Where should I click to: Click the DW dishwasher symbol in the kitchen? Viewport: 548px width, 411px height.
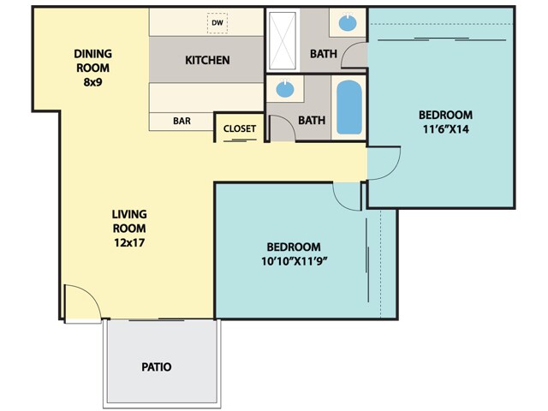click(217, 23)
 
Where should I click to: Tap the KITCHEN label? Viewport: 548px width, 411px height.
click(207, 60)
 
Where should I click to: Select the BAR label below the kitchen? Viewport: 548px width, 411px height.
click(182, 122)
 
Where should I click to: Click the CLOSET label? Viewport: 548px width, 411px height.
click(239, 128)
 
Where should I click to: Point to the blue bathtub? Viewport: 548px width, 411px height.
click(348, 107)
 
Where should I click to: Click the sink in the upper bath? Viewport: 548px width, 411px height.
click(348, 22)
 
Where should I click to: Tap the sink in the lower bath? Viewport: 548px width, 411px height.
click(285, 88)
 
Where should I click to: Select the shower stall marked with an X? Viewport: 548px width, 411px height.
click(282, 39)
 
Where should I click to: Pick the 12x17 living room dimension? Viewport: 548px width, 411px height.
click(128, 244)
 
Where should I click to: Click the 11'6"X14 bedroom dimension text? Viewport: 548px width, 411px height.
click(445, 130)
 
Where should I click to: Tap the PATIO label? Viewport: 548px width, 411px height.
click(156, 366)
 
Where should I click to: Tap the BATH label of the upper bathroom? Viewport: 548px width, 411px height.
click(323, 54)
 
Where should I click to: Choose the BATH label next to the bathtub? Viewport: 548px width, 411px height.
click(311, 120)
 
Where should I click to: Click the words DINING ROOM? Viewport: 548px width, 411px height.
click(92, 60)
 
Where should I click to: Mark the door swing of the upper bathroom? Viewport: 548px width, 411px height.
click(354, 57)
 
